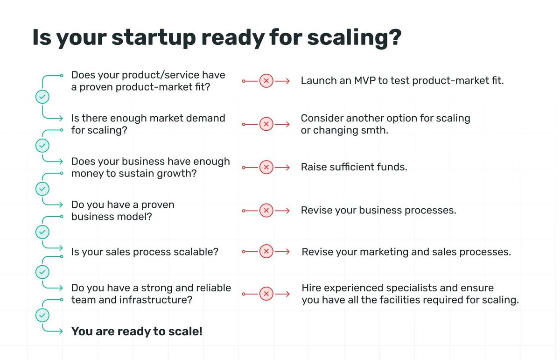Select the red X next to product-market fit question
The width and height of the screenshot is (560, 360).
coord(266,81)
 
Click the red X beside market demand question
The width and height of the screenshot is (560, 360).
coord(266,124)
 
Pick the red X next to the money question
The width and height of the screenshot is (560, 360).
coord(266,167)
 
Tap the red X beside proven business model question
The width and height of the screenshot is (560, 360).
coord(266,211)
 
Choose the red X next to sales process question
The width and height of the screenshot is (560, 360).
coord(266,252)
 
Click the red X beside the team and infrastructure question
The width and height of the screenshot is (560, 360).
coord(266,294)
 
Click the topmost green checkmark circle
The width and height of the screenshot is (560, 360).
coord(42,97)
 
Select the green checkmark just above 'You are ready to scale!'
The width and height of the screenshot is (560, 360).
coord(42,315)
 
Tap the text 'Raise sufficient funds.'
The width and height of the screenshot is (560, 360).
coord(354,167)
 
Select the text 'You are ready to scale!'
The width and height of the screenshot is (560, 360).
coord(137,332)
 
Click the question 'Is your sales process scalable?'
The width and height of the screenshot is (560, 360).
coord(145,252)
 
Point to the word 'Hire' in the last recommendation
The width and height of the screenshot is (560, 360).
coord(311,288)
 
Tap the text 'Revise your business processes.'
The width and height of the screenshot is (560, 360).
coord(378,211)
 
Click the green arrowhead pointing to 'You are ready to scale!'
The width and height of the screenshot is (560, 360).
coord(60,332)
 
